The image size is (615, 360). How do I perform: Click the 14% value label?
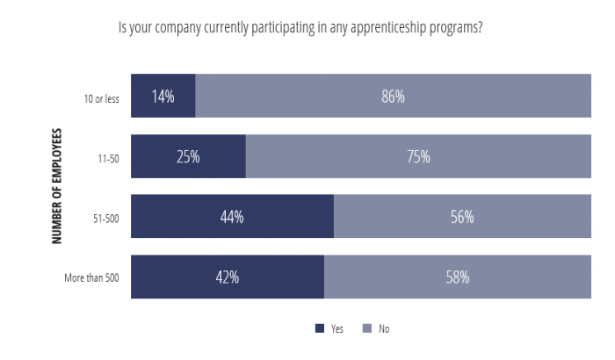pyautogui.click(x=163, y=97)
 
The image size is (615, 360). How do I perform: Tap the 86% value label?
pyautogui.click(x=393, y=97)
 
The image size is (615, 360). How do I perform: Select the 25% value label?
pyautogui.click(x=188, y=157)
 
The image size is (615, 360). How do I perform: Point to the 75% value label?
pyautogui.click(x=418, y=157)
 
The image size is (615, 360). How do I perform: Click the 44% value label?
pyautogui.click(x=232, y=217)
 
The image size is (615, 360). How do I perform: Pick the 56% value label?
pyautogui.click(x=462, y=217)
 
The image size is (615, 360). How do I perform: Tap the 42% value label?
pyautogui.click(x=228, y=277)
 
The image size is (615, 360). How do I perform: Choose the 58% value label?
pyautogui.click(x=458, y=277)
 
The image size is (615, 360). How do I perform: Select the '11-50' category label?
pyautogui.click(x=108, y=158)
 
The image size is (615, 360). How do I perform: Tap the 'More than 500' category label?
pyautogui.click(x=91, y=277)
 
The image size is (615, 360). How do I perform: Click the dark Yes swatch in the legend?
pyautogui.click(x=319, y=328)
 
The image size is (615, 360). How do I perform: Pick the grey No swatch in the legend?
pyautogui.click(x=366, y=328)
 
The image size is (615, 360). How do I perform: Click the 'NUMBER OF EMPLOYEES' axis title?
pyautogui.click(x=57, y=187)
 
